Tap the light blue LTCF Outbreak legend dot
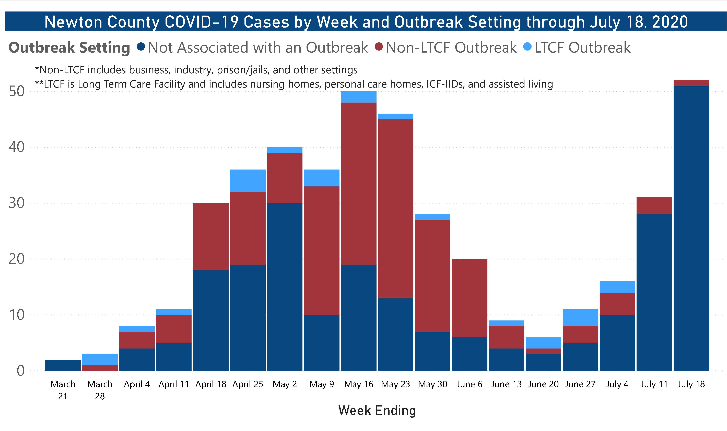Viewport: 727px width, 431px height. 527,46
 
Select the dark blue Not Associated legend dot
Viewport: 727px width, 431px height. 141,46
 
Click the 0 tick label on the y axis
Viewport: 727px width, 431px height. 20,371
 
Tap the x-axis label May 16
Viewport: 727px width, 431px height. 359,384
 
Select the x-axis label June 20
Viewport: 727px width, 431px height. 543,384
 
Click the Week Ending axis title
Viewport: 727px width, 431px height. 377,410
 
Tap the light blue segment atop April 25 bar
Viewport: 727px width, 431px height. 248,181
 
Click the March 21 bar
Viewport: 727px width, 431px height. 63,365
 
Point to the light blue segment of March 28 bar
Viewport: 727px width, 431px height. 100,360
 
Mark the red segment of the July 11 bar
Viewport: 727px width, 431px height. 654,206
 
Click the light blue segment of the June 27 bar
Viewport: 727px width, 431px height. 580,318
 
